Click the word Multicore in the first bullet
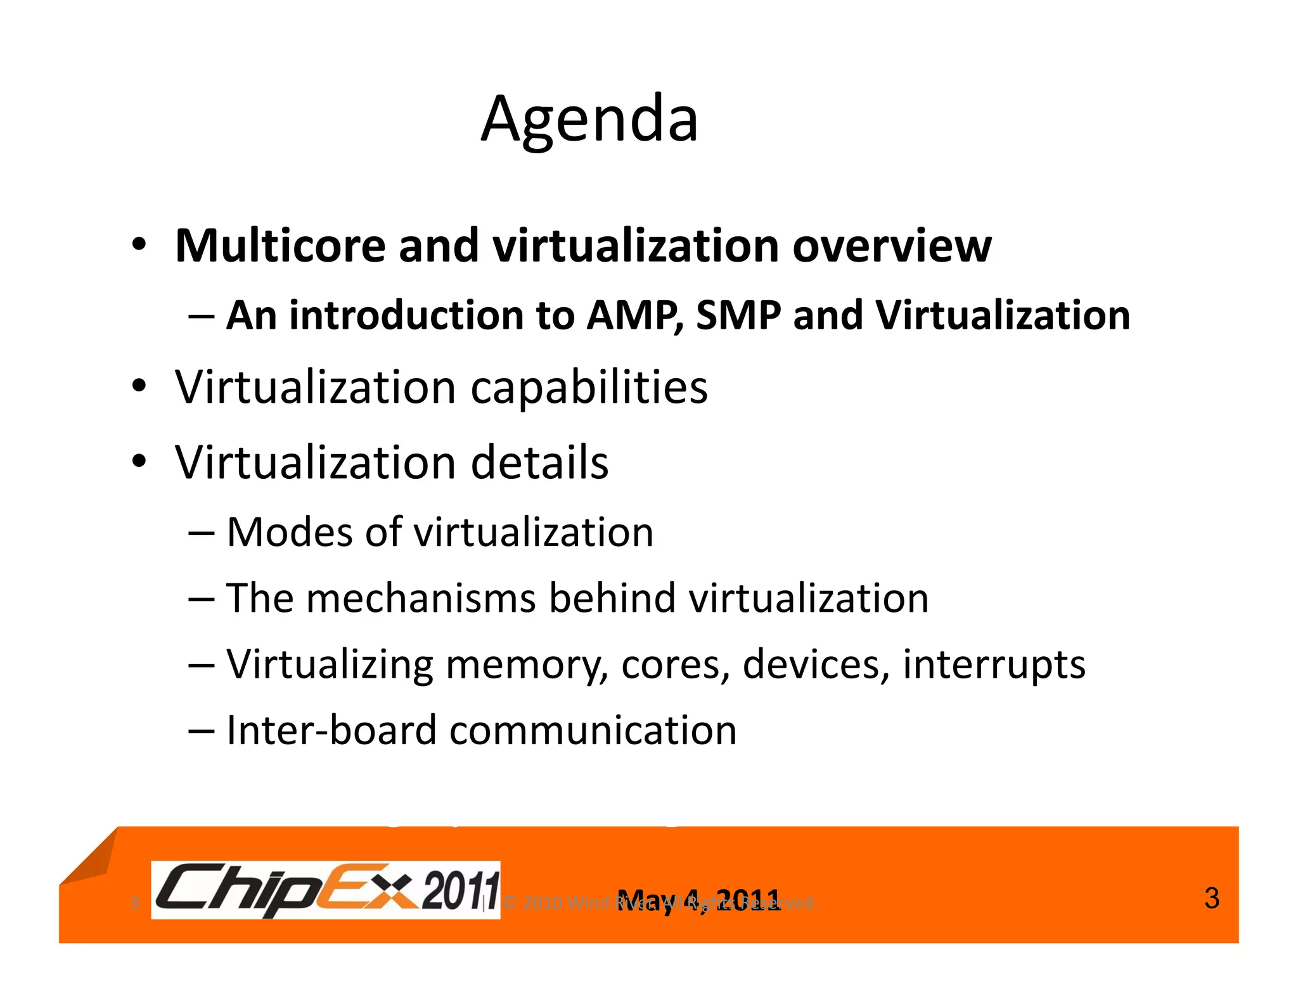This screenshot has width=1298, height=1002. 280,246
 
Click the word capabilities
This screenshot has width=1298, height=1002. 589,388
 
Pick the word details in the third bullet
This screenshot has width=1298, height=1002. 539,462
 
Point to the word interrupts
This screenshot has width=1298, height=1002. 993,665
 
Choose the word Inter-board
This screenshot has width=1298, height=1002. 331,730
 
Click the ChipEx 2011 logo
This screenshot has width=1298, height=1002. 326,889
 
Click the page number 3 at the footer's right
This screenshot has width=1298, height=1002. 1211,899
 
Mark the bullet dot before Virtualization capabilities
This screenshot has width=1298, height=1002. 139,386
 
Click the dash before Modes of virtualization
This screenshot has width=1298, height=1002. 202,533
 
